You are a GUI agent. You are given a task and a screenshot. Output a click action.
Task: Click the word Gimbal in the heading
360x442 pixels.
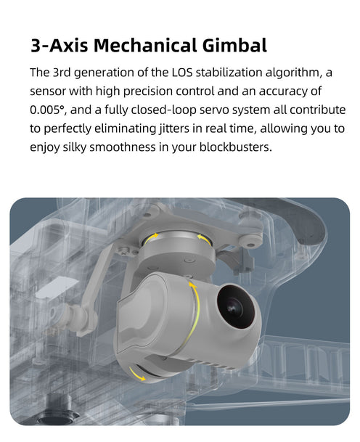tap(234, 46)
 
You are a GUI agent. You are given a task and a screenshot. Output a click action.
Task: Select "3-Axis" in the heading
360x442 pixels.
tap(60, 46)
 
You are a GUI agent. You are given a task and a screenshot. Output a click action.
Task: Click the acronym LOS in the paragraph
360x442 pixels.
tap(182, 73)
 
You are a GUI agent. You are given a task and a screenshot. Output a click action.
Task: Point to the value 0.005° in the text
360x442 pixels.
tap(48, 110)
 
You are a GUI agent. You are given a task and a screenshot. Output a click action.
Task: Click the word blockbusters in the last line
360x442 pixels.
tap(236, 147)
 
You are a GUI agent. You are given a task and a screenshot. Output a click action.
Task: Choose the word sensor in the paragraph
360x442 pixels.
tap(48, 91)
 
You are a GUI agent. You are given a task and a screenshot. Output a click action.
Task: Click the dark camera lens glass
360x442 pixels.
tap(236, 306)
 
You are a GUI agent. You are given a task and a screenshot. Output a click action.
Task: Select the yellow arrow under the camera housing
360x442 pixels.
tap(136, 374)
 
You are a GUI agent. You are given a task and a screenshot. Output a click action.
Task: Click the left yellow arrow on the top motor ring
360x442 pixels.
tap(152, 237)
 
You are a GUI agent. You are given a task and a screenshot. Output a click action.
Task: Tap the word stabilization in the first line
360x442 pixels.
tap(229, 73)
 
